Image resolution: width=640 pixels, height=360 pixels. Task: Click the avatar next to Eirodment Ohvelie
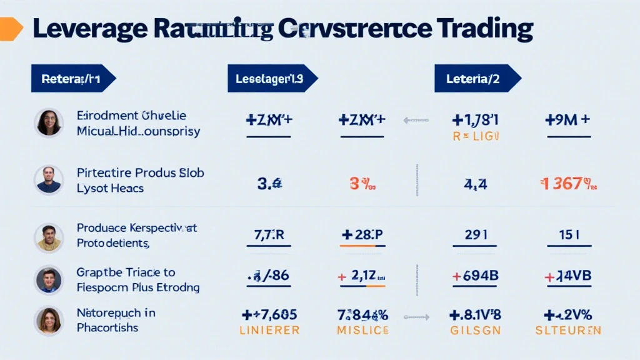pos(48,122)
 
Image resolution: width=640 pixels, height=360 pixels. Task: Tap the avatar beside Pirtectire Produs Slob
pos(48,180)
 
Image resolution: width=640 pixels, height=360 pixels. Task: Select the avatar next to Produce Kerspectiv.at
pos(48,237)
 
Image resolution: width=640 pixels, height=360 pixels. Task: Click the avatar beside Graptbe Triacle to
pos(48,280)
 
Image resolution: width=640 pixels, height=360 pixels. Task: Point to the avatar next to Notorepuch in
pos(48,320)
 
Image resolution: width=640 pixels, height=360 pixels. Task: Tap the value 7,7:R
pos(269,235)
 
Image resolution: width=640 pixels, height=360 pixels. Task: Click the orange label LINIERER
pos(269,330)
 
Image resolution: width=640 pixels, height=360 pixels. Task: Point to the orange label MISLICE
pos(362,330)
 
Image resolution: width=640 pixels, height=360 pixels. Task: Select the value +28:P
pos(362,235)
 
